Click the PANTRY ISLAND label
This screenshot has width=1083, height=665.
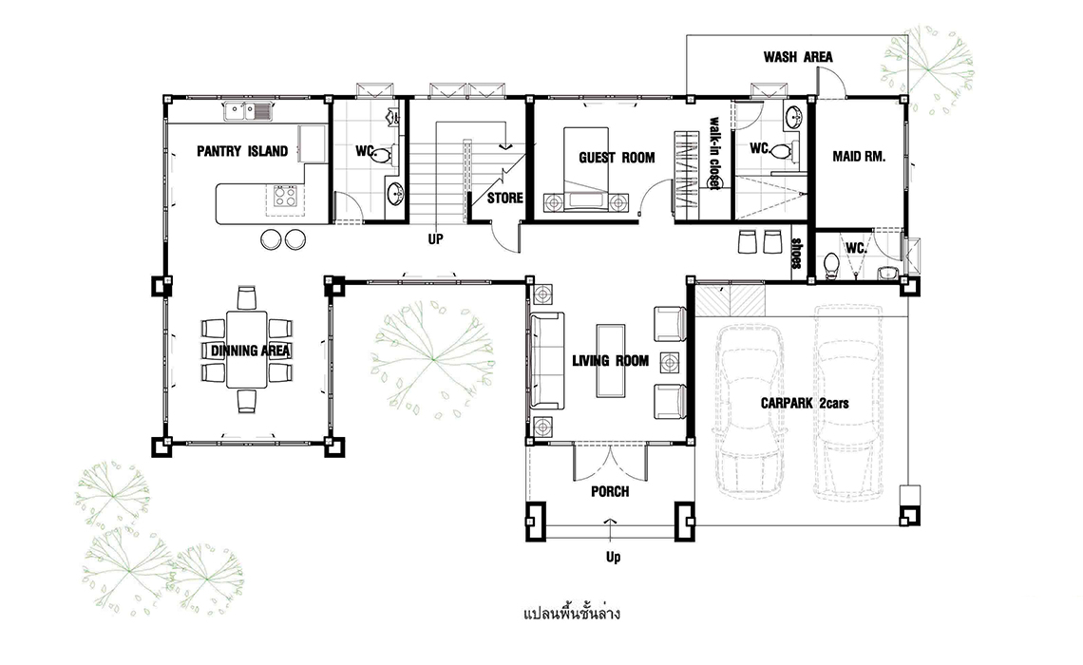pyautogui.click(x=241, y=151)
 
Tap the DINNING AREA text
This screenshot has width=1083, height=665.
pyautogui.click(x=250, y=351)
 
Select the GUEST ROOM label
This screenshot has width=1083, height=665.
pyautogui.click(x=617, y=158)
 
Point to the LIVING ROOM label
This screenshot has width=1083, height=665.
pyautogui.click(x=611, y=360)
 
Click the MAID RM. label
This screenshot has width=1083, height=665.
pyautogui.click(x=859, y=157)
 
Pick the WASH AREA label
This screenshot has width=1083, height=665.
pyautogui.click(x=798, y=57)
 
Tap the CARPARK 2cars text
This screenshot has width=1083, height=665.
pyautogui.click(x=805, y=403)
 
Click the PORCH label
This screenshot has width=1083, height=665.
pyautogui.click(x=610, y=492)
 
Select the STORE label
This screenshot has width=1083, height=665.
pyautogui.click(x=504, y=199)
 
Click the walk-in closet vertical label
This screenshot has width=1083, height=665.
pyautogui.click(x=712, y=153)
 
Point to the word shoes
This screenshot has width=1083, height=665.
pyautogui.click(x=796, y=254)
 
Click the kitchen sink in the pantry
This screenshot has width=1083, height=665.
pyautogui.click(x=248, y=110)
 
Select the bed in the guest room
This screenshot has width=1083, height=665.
pyautogui.click(x=586, y=168)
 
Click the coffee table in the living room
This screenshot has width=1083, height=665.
pyautogui.click(x=611, y=360)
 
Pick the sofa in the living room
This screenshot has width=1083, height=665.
pyautogui.click(x=546, y=360)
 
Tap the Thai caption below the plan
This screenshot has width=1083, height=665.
pyautogui.click(x=572, y=613)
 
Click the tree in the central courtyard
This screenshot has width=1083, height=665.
pyautogui.click(x=432, y=358)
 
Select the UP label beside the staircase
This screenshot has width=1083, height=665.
pyautogui.click(x=435, y=239)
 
